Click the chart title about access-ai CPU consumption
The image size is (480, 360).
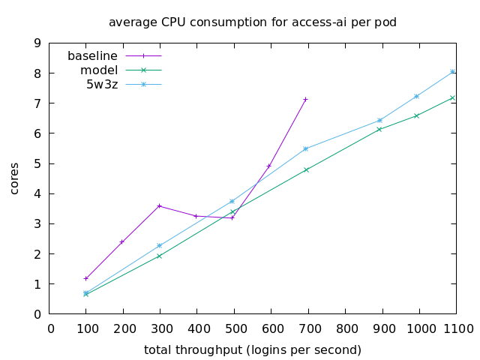(253, 22)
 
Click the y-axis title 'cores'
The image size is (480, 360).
(15, 178)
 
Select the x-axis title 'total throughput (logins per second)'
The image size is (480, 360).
(253, 349)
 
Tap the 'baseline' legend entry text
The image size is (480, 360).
(92, 55)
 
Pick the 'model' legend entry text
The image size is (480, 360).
(99, 70)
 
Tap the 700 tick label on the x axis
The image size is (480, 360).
(310, 328)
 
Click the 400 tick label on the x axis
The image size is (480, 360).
(199, 328)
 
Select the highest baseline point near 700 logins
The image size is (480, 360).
(305, 99)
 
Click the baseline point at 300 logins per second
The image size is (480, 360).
(159, 205)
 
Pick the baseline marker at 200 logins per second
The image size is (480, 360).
(121, 241)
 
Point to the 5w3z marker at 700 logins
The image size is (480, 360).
(305, 148)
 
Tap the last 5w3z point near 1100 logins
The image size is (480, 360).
(453, 71)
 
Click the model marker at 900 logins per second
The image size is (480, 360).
(379, 129)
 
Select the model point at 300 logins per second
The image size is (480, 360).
(159, 256)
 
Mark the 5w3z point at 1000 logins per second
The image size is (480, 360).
(416, 96)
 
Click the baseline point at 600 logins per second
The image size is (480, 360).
(268, 166)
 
